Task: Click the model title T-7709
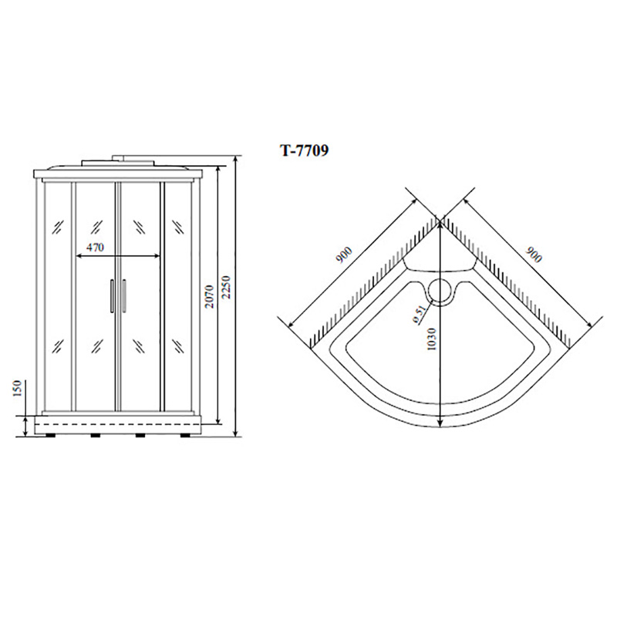304,150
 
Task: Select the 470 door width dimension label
95,247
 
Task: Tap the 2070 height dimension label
209,297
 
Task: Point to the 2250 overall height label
227,288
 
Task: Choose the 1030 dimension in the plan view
432,339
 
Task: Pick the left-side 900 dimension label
343,255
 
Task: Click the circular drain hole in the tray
440,290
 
